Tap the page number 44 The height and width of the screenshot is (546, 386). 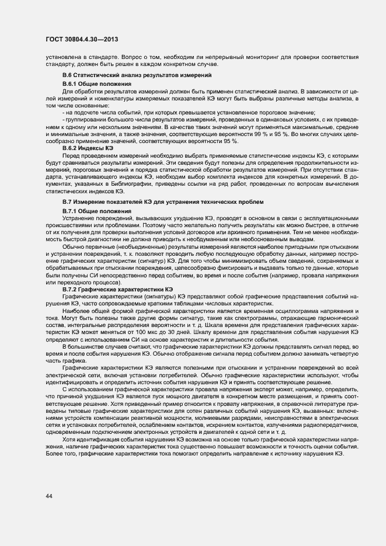coord(49,496)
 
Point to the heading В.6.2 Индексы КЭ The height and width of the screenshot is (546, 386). coord(88,148)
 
